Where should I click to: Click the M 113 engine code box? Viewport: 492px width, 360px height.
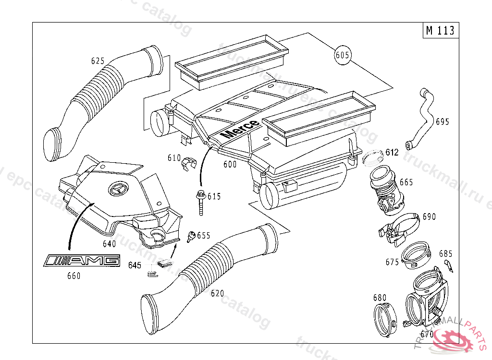(440, 31)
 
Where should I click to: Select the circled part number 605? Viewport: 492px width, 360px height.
(342, 56)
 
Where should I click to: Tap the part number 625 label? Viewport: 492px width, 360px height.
(98, 61)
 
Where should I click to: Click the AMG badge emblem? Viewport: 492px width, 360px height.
(81, 261)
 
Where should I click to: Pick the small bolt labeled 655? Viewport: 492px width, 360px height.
(191, 235)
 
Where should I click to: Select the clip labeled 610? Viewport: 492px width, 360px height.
(189, 163)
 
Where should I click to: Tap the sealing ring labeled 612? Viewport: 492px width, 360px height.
(372, 156)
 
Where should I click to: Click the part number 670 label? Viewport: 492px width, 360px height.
(427, 334)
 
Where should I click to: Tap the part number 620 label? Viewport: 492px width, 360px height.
(217, 293)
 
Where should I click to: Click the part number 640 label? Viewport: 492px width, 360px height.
(109, 244)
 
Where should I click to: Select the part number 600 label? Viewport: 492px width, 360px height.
(230, 164)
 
